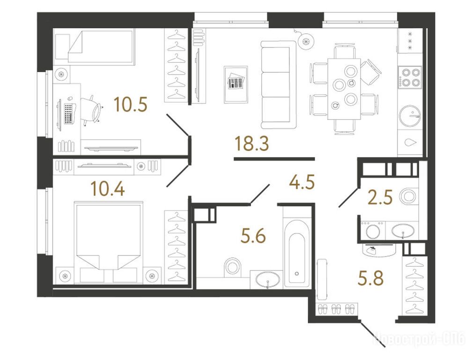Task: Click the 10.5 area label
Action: point(131,104)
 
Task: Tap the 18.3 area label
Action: point(251,143)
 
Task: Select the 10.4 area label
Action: point(108,189)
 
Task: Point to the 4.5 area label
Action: point(302,182)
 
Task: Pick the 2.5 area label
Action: point(380,198)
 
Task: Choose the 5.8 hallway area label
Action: point(371,278)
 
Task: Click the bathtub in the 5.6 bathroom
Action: point(297,255)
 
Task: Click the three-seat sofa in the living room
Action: point(278,85)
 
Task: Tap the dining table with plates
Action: point(344,89)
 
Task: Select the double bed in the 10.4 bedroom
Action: point(108,243)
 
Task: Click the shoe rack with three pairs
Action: point(337,309)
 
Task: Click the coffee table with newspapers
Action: point(236,84)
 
